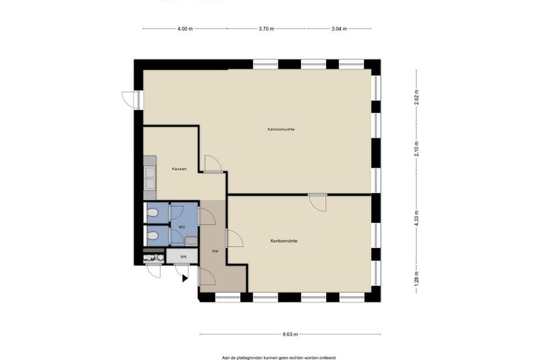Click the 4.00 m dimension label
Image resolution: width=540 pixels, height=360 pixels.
click(185, 29)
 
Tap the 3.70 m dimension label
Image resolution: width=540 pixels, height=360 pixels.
click(267, 29)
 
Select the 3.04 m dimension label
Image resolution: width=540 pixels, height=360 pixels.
click(339, 29)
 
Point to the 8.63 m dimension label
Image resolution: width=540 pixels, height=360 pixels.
click(290, 334)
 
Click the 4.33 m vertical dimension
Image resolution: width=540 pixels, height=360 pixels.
click(417, 218)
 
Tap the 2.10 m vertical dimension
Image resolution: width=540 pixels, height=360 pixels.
click(417, 149)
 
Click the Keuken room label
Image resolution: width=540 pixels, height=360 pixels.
click(179, 169)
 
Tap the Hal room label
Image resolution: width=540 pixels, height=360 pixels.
click(215, 251)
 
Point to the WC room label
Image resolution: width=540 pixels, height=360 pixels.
click(182, 227)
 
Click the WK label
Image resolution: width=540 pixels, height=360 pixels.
click(183, 257)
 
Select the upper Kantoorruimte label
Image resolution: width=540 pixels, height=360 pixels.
click(281, 129)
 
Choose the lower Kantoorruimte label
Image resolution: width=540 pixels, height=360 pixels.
click(284, 241)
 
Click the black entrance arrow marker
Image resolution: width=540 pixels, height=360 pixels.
click(185, 278)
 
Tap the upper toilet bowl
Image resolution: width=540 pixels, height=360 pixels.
click(152, 214)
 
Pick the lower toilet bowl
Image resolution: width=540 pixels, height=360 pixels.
click(152, 235)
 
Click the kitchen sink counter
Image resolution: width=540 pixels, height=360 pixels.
click(150, 178)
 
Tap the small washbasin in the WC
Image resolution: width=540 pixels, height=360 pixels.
click(191, 241)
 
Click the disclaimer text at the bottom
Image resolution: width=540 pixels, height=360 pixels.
click(279, 358)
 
